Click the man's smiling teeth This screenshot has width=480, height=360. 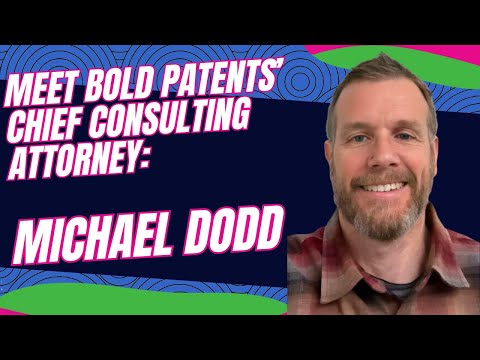[x=388, y=187]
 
